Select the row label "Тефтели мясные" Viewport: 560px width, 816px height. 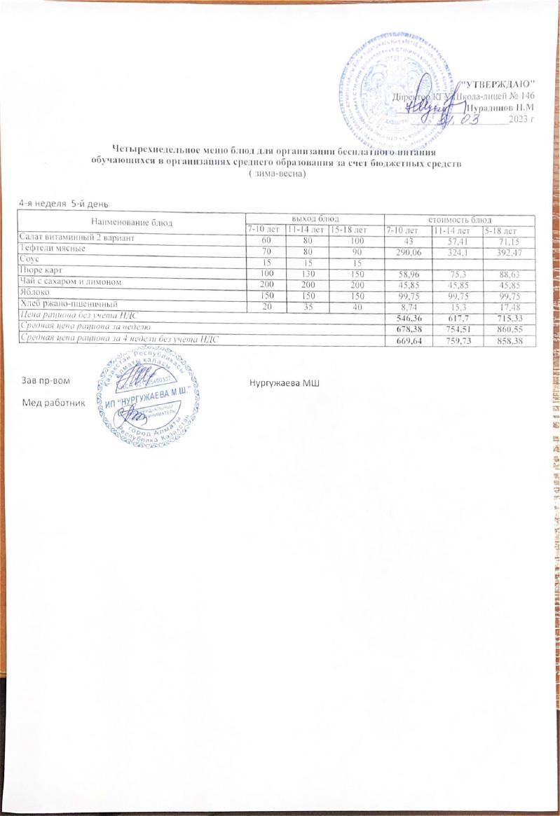tap(53, 250)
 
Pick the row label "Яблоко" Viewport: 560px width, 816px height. tap(35, 294)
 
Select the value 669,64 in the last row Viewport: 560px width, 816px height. tap(411, 340)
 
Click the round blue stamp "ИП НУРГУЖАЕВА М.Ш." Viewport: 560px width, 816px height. tap(148, 396)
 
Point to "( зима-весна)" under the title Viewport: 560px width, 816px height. tap(279, 173)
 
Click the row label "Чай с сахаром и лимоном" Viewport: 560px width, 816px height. tap(71, 282)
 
